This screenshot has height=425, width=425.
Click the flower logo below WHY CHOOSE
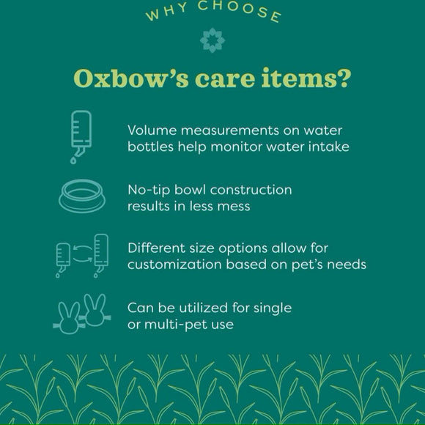tap(212, 40)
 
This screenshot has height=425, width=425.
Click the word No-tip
tap(147, 191)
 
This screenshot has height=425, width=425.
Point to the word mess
tap(234, 206)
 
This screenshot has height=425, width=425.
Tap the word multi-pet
tap(174, 323)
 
